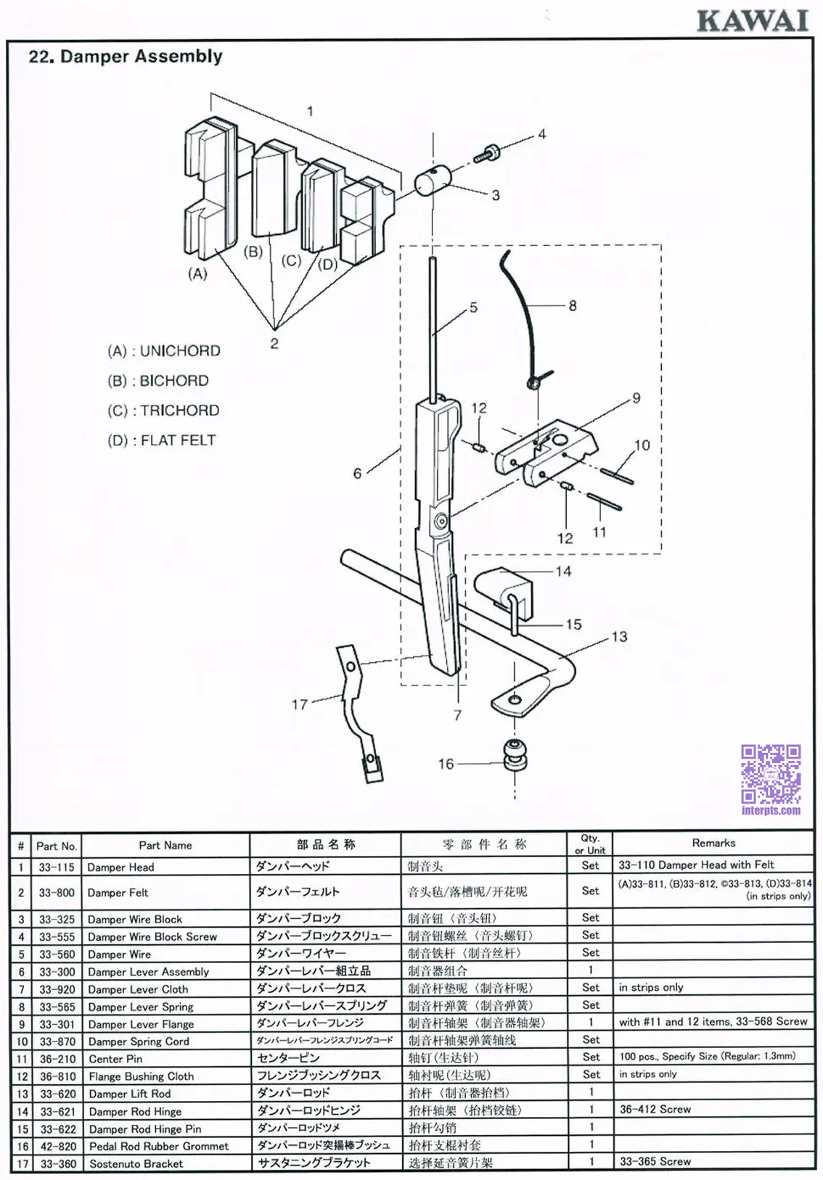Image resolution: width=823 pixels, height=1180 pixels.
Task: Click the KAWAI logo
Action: pos(753,20)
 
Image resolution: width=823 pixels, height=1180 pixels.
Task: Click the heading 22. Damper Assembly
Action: pos(126,57)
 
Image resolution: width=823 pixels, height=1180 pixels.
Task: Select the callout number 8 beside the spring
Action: pos(573,305)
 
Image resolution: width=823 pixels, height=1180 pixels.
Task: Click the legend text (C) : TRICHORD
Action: pos(163,410)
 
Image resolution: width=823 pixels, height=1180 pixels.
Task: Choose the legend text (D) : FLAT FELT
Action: pos(162,440)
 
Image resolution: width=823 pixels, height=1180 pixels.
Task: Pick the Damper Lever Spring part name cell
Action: pos(140,1007)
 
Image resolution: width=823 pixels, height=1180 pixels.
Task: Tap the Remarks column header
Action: pos(713,843)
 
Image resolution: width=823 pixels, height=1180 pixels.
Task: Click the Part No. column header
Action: pos(57,846)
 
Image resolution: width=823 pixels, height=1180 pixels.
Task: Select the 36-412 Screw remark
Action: pos(655,1109)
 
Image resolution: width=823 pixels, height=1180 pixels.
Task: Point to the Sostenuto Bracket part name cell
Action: pos(136,1163)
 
